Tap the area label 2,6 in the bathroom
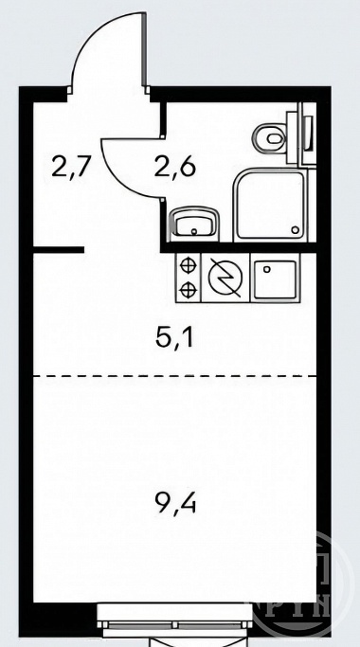[x=174, y=167]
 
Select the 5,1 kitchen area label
[x=175, y=336]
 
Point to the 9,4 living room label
[x=175, y=502]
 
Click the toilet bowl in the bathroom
[x=269, y=137]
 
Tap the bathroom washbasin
[x=194, y=224]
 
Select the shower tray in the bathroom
[x=270, y=206]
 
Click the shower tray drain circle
[x=295, y=230]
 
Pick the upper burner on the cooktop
[x=188, y=265]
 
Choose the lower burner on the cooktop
[x=188, y=289]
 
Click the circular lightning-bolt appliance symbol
[x=225, y=278]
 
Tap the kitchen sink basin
[x=275, y=279]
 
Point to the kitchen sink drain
[x=267, y=269]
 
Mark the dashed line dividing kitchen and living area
[x=175, y=376]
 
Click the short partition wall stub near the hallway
[x=59, y=250]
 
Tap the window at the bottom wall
[x=175, y=618]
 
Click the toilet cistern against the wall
[x=307, y=134]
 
